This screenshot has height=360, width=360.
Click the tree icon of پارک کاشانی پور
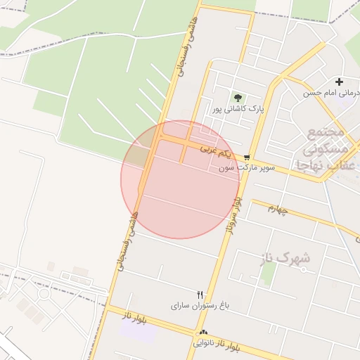(x=238, y=98)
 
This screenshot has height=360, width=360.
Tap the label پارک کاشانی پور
(x=238, y=110)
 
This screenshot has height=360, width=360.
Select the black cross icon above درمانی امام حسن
(x=340, y=82)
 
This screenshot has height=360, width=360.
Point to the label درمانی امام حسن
(x=331, y=93)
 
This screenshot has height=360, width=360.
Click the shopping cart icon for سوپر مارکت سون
(x=247, y=157)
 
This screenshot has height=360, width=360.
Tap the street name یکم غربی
(x=214, y=151)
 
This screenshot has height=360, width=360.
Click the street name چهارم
(x=279, y=209)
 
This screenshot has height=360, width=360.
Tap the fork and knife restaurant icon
(x=200, y=295)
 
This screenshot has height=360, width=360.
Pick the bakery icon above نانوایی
(x=204, y=332)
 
